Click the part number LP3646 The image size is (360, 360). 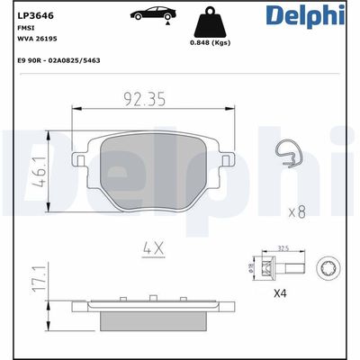(33, 14)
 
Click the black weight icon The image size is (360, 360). (212, 22)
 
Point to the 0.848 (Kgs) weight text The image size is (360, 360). (213, 43)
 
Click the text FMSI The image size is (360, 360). (25, 28)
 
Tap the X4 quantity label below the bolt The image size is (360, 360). (281, 293)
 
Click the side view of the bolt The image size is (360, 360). (277, 267)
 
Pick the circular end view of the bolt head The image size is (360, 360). (328, 267)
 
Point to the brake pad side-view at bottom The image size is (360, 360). (148, 316)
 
